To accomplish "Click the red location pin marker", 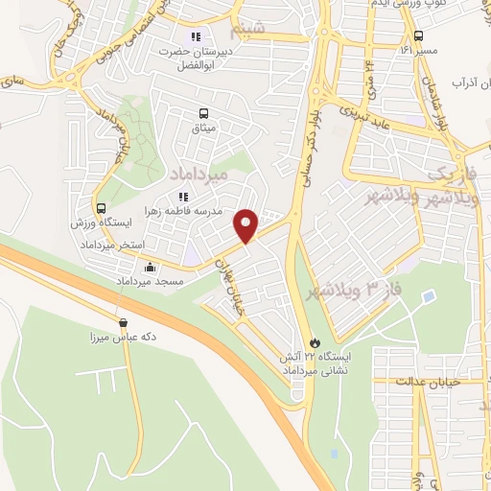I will click(x=247, y=224).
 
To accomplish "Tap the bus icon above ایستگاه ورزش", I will click(x=101, y=207).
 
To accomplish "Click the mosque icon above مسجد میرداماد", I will click(x=150, y=268).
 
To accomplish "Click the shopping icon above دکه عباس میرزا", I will click(x=122, y=322).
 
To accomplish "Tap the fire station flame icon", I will click(x=315, y=341).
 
